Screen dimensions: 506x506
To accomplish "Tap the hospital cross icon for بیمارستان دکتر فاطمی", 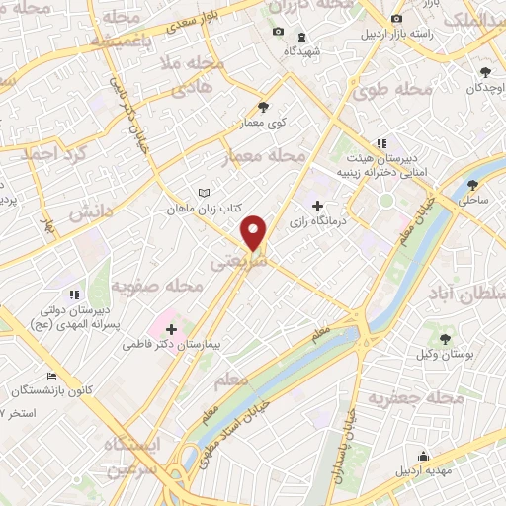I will coord(172,329).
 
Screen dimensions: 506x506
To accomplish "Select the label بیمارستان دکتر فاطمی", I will coord(166,346).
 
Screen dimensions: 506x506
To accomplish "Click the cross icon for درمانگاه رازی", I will coord(316,206).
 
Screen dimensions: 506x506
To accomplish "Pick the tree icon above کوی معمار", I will coord(263,107).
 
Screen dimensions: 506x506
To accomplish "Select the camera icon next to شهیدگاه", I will coord(277,33).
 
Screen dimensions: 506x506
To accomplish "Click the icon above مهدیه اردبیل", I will coord(423,456).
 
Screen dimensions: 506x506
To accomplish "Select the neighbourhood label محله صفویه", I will coord(156,287).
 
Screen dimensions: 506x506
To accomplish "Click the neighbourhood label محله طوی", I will coord(380,92).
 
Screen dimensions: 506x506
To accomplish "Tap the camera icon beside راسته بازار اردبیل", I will coord(396,19).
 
